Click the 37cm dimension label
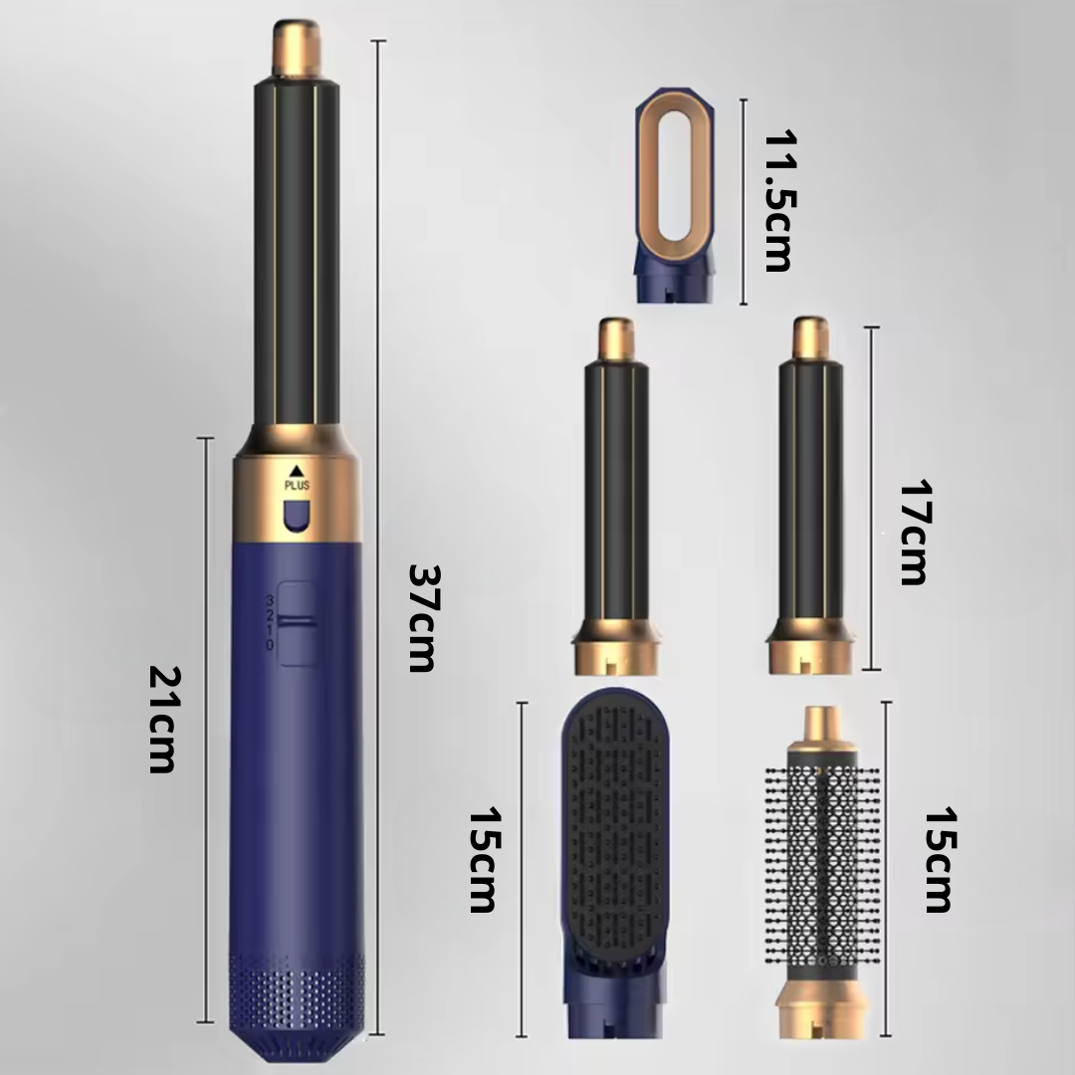pyautogui.click(x=422, y=618)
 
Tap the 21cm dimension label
pyautogui.click(x=163, y=720)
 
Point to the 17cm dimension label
pyautogui.click(x=914, y=532)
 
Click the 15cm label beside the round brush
pyautogui.click(x=940, y=860)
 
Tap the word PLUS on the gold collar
pyautogui.click(x=297, y=486)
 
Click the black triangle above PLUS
pyautogui.click(x=297, y=471)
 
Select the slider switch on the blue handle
pyautogui.click(x=298, y=623)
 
